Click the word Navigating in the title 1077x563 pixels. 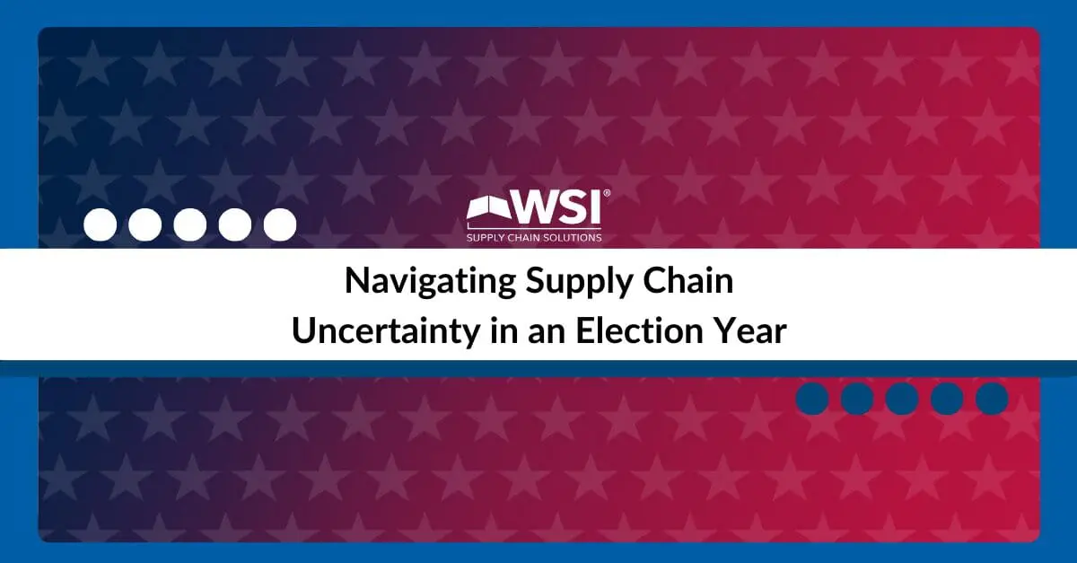[430, 283]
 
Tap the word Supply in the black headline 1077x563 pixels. [578, 283]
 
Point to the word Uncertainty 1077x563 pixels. [386, 332]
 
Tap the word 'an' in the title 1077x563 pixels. [547, 334]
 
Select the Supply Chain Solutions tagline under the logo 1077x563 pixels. [534, 238]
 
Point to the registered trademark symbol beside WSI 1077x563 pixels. [607, 193]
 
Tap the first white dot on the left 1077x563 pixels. [100, 224]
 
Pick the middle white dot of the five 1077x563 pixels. [190, 224]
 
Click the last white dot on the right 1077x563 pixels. [280, 224]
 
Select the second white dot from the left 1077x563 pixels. [145, 224]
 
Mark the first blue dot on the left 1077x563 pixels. [812, 399]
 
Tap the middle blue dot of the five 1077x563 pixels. [902, 399]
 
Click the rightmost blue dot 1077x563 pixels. [992, 399]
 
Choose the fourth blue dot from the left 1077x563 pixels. [947, 399]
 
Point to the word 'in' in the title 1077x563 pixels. [503, 330]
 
